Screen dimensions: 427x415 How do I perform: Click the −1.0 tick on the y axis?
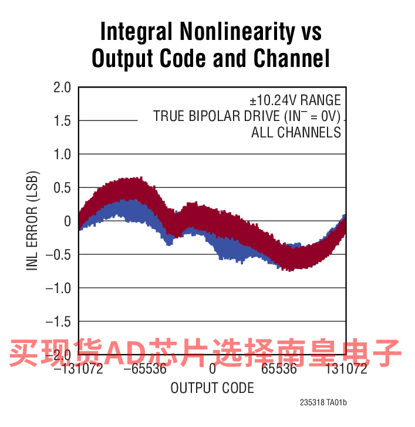58,288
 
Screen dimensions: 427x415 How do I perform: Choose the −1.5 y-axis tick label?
58,322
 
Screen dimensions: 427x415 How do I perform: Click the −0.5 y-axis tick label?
58,255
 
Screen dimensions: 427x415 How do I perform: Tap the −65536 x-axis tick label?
145,369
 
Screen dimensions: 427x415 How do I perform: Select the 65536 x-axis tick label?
279,369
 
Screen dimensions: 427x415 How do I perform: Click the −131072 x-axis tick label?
78,369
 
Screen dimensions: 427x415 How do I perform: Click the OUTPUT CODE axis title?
212,388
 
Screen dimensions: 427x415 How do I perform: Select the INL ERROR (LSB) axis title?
32,221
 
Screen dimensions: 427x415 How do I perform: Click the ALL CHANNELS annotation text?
296,132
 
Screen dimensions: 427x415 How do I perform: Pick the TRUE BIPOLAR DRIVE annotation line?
247,116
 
